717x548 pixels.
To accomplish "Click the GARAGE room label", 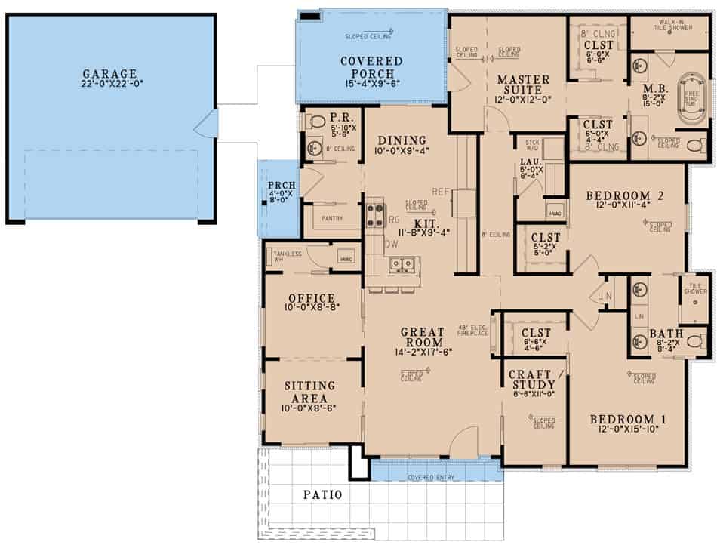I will click(110, 73).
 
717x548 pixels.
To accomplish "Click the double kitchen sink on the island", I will click(401, 264).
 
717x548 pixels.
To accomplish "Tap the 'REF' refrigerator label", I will click(441, 192).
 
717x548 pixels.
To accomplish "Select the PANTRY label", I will click(331, 219).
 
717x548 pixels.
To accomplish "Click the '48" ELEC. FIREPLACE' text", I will click(473, 329).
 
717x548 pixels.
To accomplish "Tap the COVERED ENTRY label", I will click(435, 478).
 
